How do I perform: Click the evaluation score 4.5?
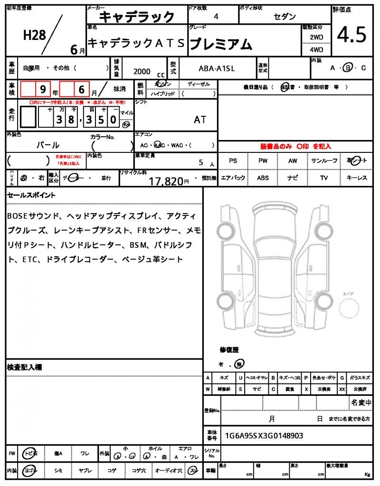(351, 34)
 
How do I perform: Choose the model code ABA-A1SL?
(217, 68)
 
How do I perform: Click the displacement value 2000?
(142, 71)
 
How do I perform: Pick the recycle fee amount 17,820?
(166, 181)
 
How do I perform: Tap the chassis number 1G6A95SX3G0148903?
(264, 436)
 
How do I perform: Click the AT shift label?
(200, 120)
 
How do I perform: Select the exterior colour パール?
(48, 145)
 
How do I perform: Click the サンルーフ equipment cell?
(324, 161)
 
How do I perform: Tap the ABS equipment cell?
(263, 178)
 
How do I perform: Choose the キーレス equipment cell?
(357, 178)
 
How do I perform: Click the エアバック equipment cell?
(233, 178)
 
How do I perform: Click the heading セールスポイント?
(31, 195)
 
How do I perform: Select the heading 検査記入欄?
(25, 367)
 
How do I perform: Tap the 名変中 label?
(361, 403)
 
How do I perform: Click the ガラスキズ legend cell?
(359, 378)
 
